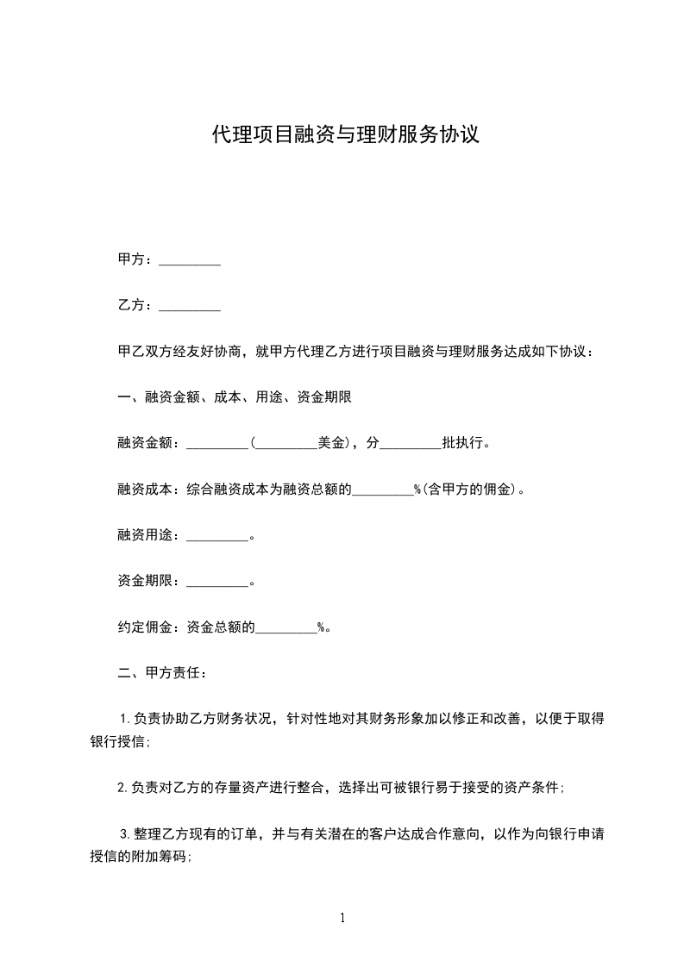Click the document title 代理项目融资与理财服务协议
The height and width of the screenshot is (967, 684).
(x=345, y=135)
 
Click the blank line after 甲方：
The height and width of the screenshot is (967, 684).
(x=190, y=260)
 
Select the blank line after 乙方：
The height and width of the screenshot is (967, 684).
(x=190, y=306)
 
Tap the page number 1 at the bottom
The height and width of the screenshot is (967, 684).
(x=342, y=919)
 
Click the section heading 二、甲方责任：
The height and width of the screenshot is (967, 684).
(x=161, y=673)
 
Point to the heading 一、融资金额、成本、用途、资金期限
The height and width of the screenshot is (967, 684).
(x=234, y=397)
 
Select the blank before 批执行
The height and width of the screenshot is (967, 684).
(x=410, y=444)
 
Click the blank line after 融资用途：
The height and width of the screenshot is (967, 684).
(x=216, y=536)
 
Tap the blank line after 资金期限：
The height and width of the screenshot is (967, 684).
(x=216, y=582)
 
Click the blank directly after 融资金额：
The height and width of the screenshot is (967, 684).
(x=216, y=444)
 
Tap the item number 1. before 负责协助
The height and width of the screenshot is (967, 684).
(x=124, y=719)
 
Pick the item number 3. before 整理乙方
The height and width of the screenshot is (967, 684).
(x=124, y=834)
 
